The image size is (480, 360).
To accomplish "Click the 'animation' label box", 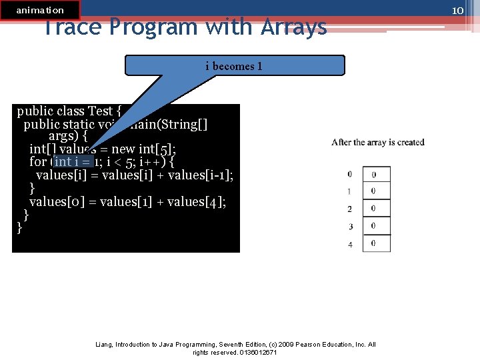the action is [40, 10].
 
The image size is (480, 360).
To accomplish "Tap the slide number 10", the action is [457, 10].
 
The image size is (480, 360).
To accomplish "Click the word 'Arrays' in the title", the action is [293, 27].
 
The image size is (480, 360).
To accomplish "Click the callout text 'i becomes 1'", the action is [234, 66].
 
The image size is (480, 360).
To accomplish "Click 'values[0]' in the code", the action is [58, 202].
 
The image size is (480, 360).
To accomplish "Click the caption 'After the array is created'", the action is [377, 142].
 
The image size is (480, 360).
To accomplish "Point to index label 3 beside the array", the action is [350, 227].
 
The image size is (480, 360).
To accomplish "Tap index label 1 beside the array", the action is [350, 192].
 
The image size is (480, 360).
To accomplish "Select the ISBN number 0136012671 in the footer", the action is [255, 352].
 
